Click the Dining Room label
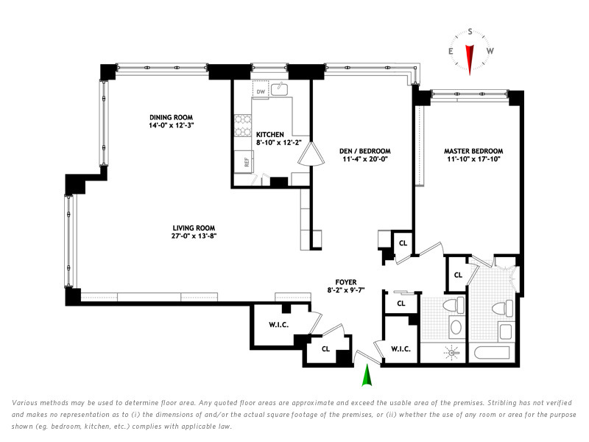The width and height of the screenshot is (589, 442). [171, 117]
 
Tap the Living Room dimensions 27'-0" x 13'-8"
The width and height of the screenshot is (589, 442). [194, 236]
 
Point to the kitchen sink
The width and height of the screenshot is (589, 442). [280, 89]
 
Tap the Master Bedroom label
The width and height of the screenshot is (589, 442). [473, 151]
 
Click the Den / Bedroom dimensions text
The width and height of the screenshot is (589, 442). [364, 159]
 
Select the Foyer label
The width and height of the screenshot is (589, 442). [346, 282]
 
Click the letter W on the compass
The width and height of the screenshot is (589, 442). [490, 51]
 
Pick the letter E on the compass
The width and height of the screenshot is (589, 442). [451, 51]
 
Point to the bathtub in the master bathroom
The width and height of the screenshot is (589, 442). [492, 353]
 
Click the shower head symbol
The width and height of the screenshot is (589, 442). [451, 354]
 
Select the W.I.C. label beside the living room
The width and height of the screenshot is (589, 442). [279, 325]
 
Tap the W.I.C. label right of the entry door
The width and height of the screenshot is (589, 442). [401, 348]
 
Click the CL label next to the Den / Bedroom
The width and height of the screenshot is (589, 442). [403, 243]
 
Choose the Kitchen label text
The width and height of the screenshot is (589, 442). [270, 135]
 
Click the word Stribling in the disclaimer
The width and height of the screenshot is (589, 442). [502, 402]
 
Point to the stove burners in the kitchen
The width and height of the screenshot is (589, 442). [243, 125]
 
